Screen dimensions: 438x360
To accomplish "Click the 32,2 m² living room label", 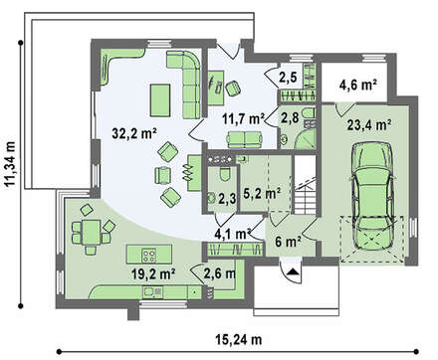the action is [x=134, y=133].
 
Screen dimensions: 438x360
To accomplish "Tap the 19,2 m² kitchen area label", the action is [x=153, y=273].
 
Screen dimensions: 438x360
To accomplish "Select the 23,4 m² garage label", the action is [x=368, y=125].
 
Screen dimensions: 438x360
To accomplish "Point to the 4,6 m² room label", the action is [x=357, y=85].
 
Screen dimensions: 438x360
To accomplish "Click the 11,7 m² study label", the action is [x=244, y=118].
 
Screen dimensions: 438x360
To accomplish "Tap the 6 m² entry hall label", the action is [x=289, y=242].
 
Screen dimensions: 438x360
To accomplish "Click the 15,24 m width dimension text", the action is [x=239, y=340].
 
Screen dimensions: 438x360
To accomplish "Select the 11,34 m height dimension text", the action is [x=10, y=165].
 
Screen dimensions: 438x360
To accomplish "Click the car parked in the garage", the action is [x=373, y=196].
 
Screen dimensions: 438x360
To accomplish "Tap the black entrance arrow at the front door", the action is [x=293, y=272].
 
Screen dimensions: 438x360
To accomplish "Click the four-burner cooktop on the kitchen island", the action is [x=149, y=256].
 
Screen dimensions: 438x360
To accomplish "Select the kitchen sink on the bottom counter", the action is [x=152, y=292].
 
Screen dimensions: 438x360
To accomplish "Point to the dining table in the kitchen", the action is [x=91, y=232].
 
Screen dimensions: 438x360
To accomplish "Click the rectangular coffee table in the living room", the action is [x=160, y=100].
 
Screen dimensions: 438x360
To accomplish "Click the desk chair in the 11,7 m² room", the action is [x=233, y=88].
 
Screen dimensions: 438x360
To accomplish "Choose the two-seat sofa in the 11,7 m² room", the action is [x=245, y=139].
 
